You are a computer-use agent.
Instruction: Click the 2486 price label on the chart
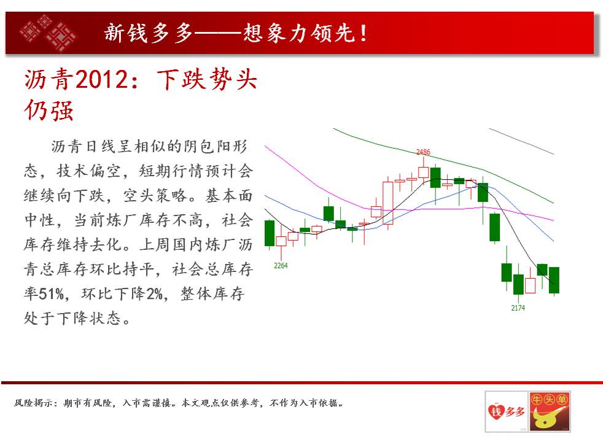[423, 152]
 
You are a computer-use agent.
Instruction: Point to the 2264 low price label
[281, 266]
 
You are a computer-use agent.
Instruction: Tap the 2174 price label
[518, 308]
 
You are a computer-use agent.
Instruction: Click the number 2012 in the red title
[101, 80]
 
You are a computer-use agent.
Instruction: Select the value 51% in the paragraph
[51, 294]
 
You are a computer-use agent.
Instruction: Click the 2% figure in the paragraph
[155, 294]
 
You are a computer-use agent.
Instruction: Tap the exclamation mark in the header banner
[363, 33]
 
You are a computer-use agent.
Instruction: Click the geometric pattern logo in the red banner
[48, 33]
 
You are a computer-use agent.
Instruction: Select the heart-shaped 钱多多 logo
[506, 412]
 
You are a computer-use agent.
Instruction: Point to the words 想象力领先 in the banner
[299, 33]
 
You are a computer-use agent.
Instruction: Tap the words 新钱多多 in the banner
[149, 33]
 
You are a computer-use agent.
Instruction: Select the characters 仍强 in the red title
[49, 110]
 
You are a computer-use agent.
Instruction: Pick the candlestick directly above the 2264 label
[281, 241]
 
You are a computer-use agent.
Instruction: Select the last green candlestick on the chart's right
[554, 280]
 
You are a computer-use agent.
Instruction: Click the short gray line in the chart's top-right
[521, 141]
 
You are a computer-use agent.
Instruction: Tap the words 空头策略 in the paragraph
[155, 196]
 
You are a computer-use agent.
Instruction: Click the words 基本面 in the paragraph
[229, 196]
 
